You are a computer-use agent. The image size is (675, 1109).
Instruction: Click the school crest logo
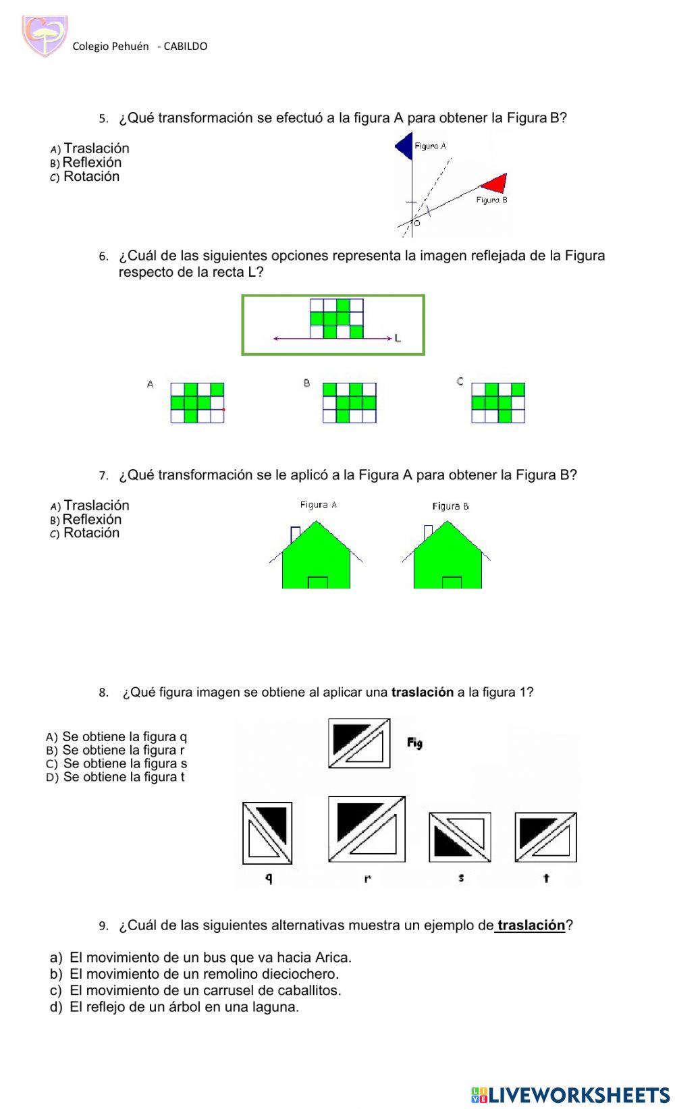pyautogui.click(x=45, y=36)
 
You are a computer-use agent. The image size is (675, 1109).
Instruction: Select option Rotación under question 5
pyautogui.click(x=90, y=177)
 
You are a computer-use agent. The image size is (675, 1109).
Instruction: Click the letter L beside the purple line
pyautogui.click(x=398, y=338)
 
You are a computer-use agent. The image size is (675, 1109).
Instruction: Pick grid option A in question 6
pyautogui.click(x=197, y=403)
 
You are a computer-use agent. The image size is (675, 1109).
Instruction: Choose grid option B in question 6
pyautogui.click(x=349, y=403)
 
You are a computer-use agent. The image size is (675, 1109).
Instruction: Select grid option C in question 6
pyautogui.click(x=498, y=403)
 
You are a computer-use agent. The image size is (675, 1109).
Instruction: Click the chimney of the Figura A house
pyautogui.click(x=295, y=533)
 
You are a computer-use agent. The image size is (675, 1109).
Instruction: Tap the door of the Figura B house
pyautogui.click(x=452, y=583)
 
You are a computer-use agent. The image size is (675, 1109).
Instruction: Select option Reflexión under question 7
pyautogui.click(x=91, y=520)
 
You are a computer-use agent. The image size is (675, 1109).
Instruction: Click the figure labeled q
pyautogui.click(x=267, y=833)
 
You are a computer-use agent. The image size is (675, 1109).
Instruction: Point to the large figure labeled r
pyautogui.click(x=367, y=829)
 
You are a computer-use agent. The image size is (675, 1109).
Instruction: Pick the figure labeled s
pyautogui.click(x=460, y=837)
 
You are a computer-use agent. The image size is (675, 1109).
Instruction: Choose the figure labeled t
pyautogui.click(x=545, y=837)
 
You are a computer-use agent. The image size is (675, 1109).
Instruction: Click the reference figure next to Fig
pyautogui.click(x=359, y=743)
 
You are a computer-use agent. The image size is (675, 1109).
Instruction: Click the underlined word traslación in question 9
pyautogui.click(x=531, y=925)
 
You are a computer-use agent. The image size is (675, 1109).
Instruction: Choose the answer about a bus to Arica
pyautogui.click(x=210, y=957)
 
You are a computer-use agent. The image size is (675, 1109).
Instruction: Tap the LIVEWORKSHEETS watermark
pyautogui.click(x=570, y=1094)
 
